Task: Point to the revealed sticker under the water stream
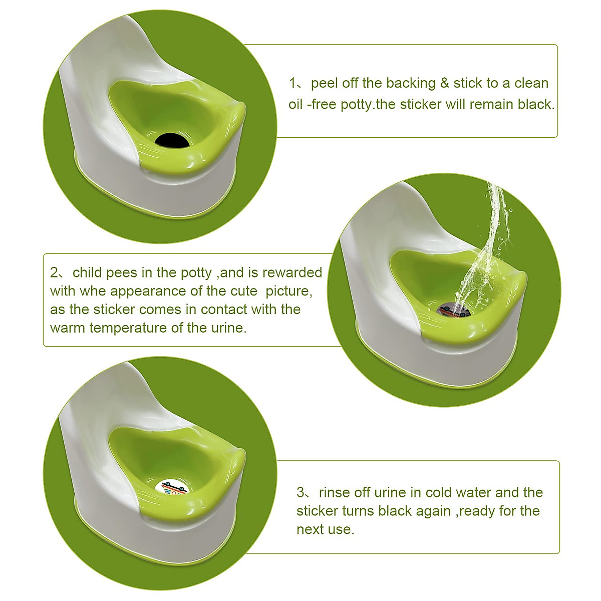pyautogui.click(x=453, y=311)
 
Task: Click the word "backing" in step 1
pyautogui.click(x=411, y=83)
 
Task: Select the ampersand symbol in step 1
pyautogui.click(x=444, y=84)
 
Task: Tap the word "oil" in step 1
pyautogui.click(x=295, y=104)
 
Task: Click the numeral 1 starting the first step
pyautogui.click(x=292, y=83)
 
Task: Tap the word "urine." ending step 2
pyautogui.click(x=229, y=328)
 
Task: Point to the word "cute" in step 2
pyautogui.click(x=244, y=291)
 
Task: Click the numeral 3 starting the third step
pyautogui.click(x=300, y=493)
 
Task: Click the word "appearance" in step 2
pyautogui.click(x=148, y=291)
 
